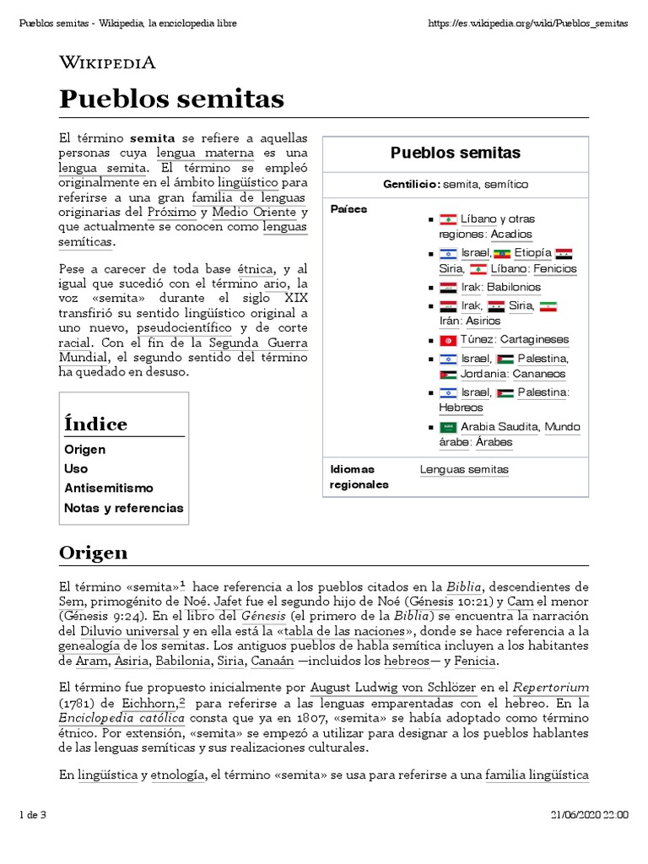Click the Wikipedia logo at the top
(106, 62)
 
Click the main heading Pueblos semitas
(171, 100)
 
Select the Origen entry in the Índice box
(85, 450)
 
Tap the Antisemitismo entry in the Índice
(109, 488)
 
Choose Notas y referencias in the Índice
(123, 508)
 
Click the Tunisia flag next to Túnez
(448, 340)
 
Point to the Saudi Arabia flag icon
(448, 427)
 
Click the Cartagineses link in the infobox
(534, 340)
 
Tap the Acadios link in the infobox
(511, 235)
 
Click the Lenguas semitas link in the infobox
(464, 470)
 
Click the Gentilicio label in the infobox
(411, 184)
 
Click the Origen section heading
(93, 553)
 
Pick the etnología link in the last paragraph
(178, 775)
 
